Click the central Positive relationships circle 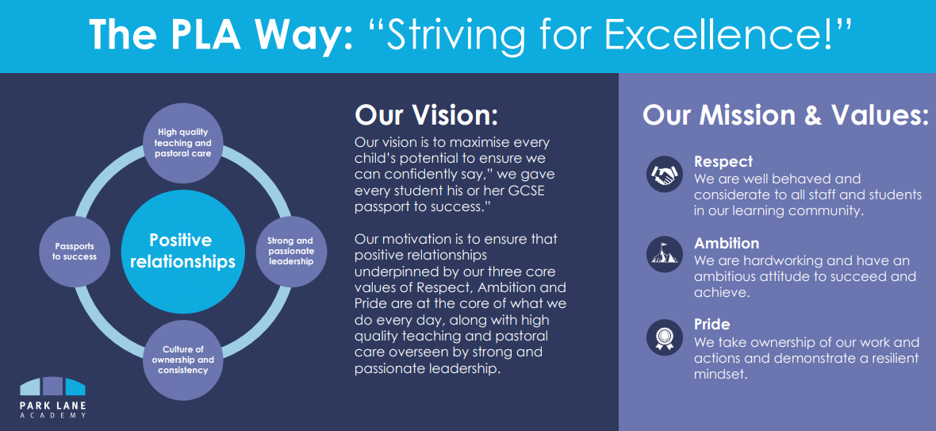(182, 251)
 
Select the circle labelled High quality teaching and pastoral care (182, 143)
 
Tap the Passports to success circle (75, 251)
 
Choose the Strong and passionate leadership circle (290, 252)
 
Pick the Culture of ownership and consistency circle (182, 360)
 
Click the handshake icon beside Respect (665, 175)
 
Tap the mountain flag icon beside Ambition (665, 254)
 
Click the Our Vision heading (426, 115)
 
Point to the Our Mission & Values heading (785, 115)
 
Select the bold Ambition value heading (727, 244)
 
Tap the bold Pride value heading (712, 325)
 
